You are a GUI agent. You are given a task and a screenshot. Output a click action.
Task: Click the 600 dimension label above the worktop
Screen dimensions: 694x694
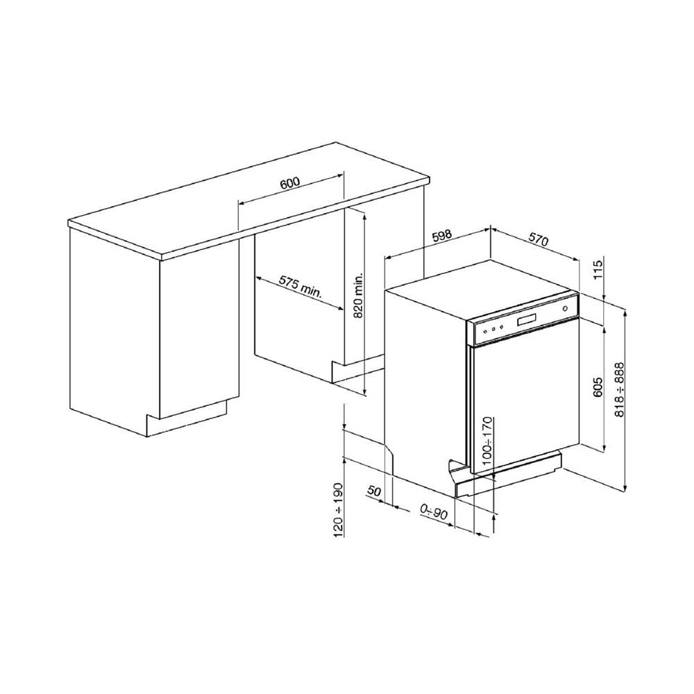pyautogui.click(x=290, y=183)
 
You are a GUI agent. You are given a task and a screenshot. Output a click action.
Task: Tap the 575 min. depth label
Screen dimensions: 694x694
pyautogui.click(x=301, y=288)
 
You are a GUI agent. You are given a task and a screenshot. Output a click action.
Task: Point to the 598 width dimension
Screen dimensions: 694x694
pyautogui.click(x=441, y=235)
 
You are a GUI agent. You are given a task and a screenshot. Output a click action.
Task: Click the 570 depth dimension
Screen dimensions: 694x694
pyautogui.click(x=539, y=239)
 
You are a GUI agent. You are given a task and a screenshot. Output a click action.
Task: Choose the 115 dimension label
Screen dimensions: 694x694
pyautogui.click(x=598, y=270)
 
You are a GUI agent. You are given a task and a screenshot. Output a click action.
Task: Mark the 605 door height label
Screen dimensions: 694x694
pyautogui.click(x=598, y=387)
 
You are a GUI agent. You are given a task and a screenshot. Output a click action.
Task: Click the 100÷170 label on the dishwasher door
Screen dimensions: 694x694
pyautogui.click(x=487, y=441)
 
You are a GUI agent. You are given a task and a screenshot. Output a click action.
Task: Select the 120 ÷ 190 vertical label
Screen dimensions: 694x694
pyautogui.click(x=338, y=510)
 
